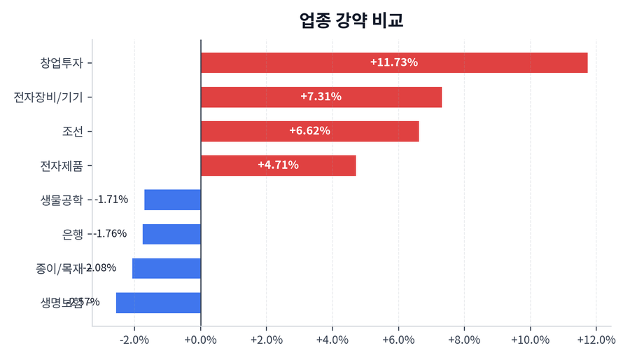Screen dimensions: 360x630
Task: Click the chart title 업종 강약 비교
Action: point(351,20)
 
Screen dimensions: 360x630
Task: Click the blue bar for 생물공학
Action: point(172,200)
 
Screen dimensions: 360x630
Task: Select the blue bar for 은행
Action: point(171,234)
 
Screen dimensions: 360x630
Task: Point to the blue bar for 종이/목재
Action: point(167,268)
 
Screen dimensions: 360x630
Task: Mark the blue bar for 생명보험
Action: point(158,303)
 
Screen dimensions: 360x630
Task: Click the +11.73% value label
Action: point(393,62)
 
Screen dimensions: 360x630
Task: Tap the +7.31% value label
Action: point(321,97)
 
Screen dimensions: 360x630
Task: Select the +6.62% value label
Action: point(309,131)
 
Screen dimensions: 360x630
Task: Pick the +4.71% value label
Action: point(278,165)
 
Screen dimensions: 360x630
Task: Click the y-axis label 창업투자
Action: point(62,62)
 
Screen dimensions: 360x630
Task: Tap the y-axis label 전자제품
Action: point(62,166)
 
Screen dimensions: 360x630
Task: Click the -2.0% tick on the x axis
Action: point(134,340)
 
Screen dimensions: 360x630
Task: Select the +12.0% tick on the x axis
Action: point(596,340)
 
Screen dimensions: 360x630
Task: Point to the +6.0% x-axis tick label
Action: point(398,340)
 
